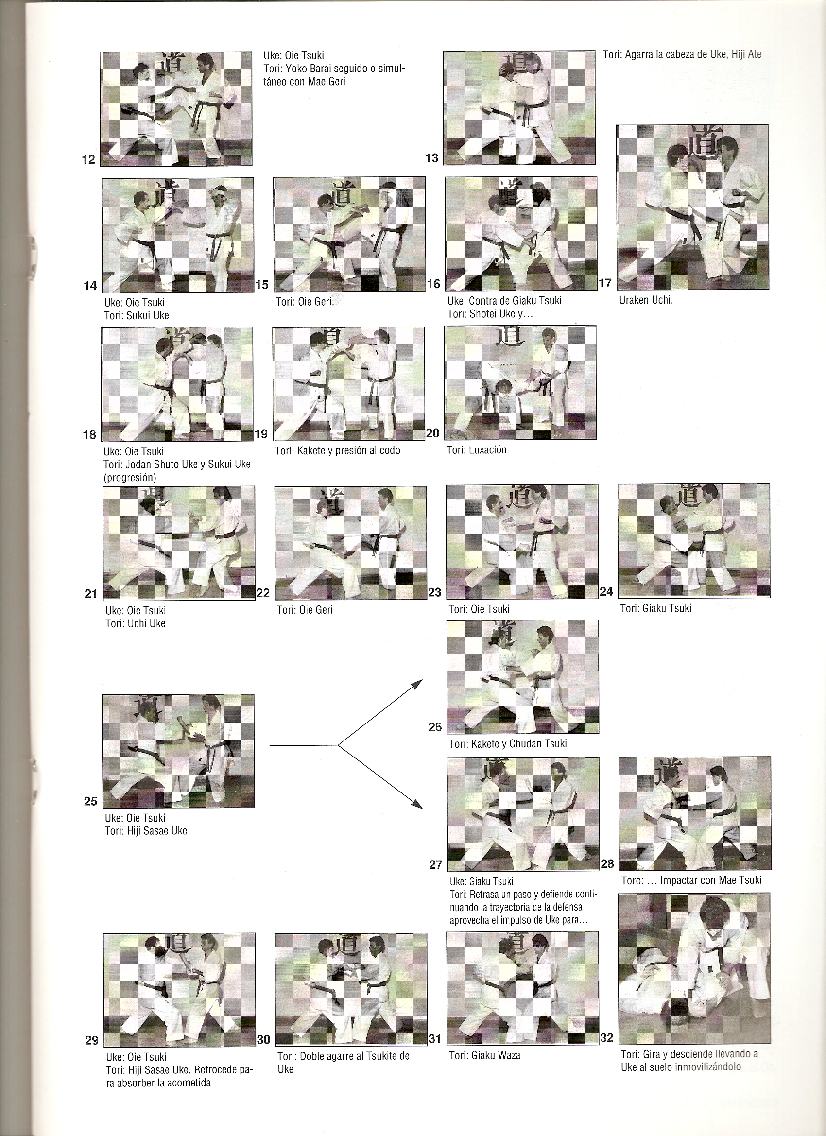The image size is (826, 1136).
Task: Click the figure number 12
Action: coord(88,160)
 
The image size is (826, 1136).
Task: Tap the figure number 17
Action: coord(605,283)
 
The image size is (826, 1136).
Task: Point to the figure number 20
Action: coord(432,433)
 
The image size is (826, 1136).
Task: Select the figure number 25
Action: coord(90,801)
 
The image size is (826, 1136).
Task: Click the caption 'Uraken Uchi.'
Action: coord(646,302)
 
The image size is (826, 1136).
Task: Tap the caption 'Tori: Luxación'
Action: coord(476,450)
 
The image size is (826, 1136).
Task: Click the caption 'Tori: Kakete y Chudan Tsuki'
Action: coord(508,743)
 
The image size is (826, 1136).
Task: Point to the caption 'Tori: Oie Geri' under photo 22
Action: coord(304,610)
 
